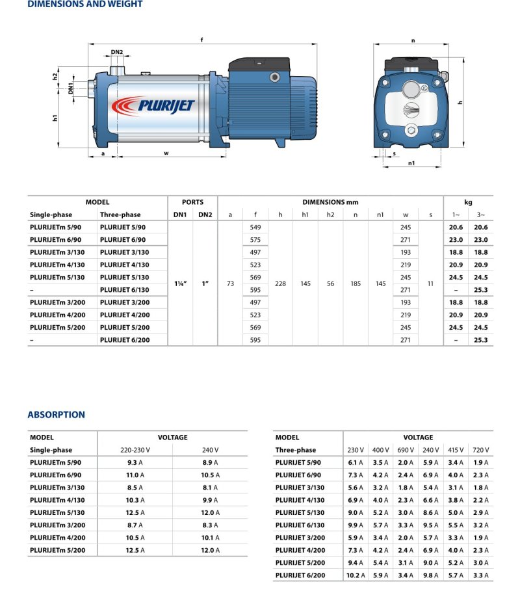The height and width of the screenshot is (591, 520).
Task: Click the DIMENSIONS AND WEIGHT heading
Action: [84, 4]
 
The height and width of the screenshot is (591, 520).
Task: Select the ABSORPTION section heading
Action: [56, 414]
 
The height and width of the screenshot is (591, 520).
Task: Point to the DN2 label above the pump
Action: [117, 52]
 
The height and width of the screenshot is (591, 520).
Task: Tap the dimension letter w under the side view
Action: [166, 153]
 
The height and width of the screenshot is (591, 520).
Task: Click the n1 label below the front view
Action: [411, 164]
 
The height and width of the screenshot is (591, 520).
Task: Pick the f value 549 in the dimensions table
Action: [255, 227]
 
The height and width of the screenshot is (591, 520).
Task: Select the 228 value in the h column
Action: [280, 283]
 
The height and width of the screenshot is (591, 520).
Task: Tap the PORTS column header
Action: [192, 202]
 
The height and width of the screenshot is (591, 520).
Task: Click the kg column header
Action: [468, 202]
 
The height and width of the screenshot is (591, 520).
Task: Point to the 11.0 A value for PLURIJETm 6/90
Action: [133, 475]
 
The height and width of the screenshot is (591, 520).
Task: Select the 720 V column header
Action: [482, 450]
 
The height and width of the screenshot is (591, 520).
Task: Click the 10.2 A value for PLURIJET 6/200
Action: [355, 575]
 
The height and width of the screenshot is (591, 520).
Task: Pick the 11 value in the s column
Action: [430, 283]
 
